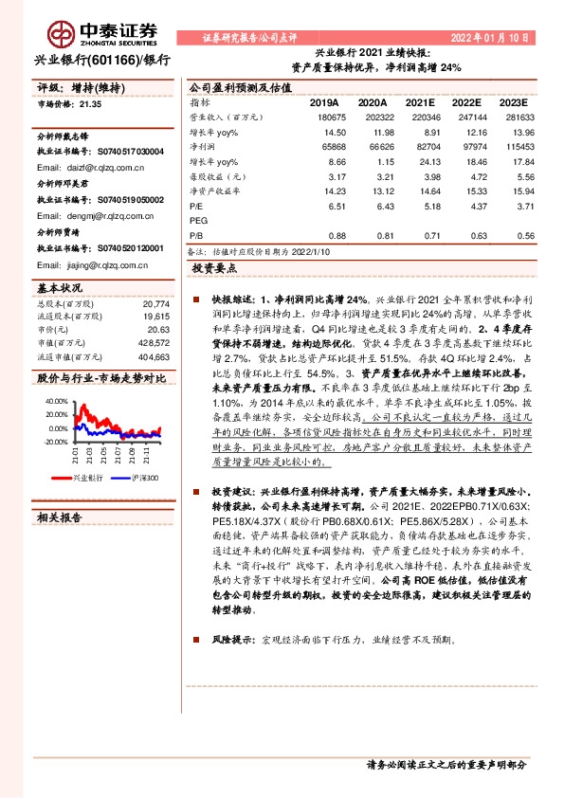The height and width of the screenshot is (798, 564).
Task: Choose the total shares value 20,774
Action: pyautogui.click(x=155, y=304)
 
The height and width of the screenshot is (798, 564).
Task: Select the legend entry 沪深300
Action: pyautogui.click(x=144, y=478)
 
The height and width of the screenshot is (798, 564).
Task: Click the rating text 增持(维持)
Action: pyautogui.click(x=98, y=87)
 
